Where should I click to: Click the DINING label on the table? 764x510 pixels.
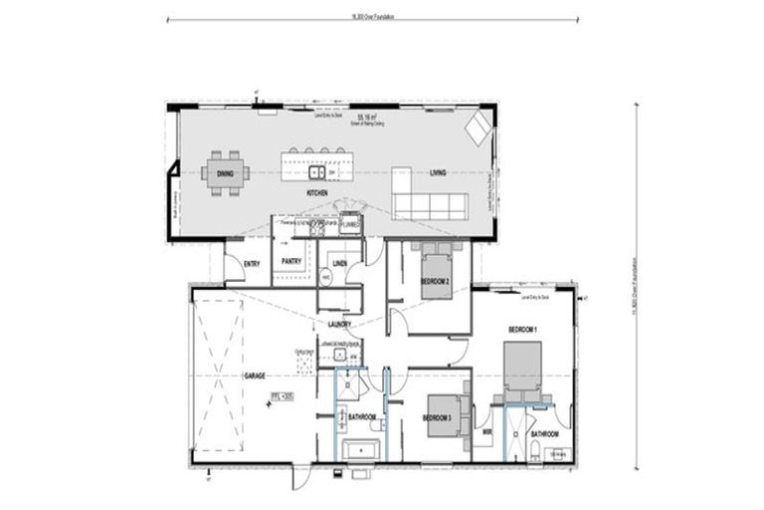click(x=224, y=174)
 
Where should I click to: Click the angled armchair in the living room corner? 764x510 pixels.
click(x=478, y=127)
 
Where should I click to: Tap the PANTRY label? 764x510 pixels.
click(x=291, y=262)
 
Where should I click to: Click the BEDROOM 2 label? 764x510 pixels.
click(x=435, y=282)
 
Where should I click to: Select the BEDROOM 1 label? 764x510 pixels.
click(x=522, y=329)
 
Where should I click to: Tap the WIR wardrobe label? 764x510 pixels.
click(x=487, y=432)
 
